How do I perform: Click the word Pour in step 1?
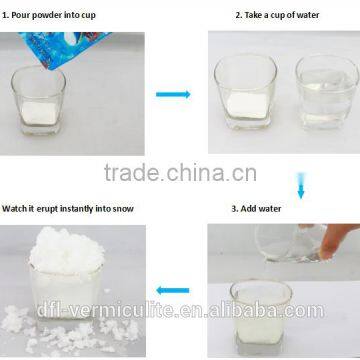pyautogui.click(x=27, y=16)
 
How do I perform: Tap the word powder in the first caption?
pyautogui.click(x=58, y=16)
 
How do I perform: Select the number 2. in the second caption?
pyautogui.click(x=238, y=16)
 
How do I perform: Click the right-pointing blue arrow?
pyautogui.click(x=173, y=93)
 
